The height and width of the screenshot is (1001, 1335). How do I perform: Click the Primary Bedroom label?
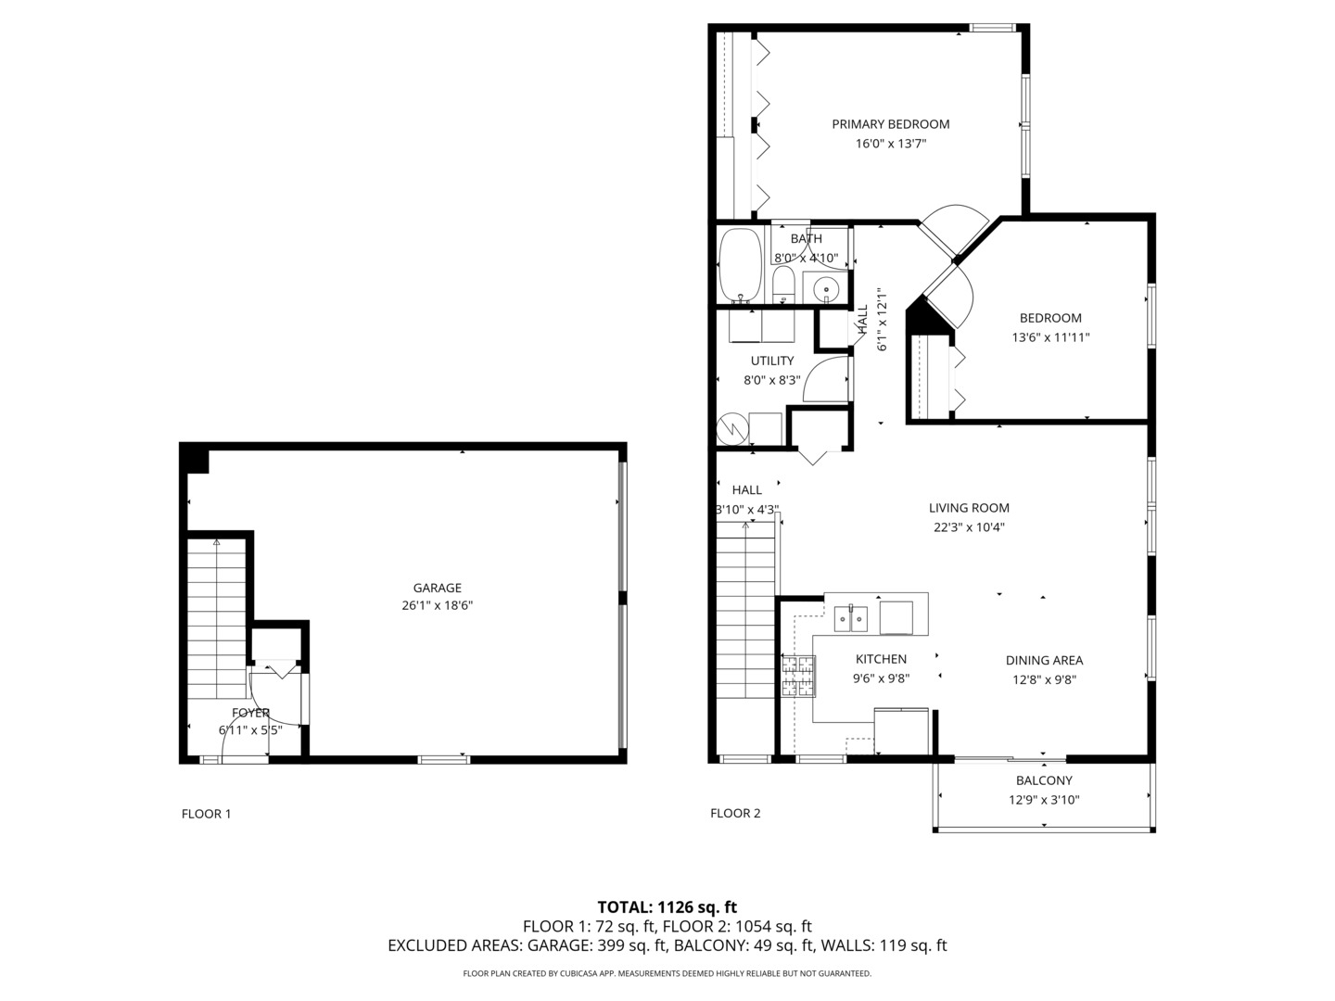[890, 124]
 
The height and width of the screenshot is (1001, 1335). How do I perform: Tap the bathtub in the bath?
[740, 264]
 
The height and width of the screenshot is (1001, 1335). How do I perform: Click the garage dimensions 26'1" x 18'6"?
[437, 606]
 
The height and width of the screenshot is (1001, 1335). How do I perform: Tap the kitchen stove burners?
[798, 676]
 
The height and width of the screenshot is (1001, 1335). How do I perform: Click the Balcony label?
[1044, 780]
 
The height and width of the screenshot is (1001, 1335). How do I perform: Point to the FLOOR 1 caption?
[206, 814]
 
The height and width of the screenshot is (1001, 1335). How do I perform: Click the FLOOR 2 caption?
[735, 814]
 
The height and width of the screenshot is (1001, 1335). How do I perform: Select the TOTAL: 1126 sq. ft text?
[667, 907]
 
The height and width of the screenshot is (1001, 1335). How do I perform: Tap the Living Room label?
[969, 508]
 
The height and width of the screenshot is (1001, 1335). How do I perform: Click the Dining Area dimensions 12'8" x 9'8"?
[1044, 679]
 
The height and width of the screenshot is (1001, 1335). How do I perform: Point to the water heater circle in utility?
[733, 427]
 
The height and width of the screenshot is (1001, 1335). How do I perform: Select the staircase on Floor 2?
[745, 640]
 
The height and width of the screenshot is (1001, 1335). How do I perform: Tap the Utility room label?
[771, 361]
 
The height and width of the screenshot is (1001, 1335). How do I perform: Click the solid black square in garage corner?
[195, 459]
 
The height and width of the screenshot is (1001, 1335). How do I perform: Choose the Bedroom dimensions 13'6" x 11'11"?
[1050, 338]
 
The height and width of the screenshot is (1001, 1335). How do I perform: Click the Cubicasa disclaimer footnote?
[667, 973]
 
